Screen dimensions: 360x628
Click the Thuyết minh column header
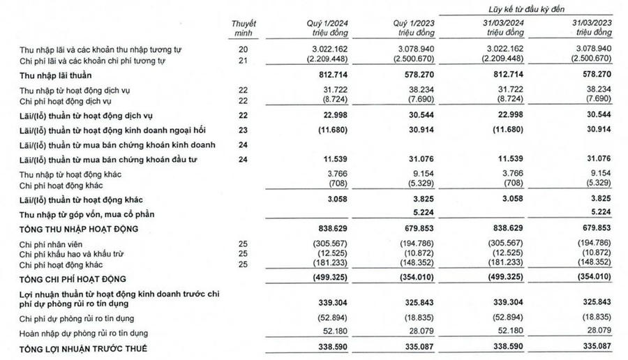point(244,27)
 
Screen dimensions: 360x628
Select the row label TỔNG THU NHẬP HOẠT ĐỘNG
point(70,229)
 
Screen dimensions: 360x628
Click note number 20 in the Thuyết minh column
point(242,48)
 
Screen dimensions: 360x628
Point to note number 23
point(242,130)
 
